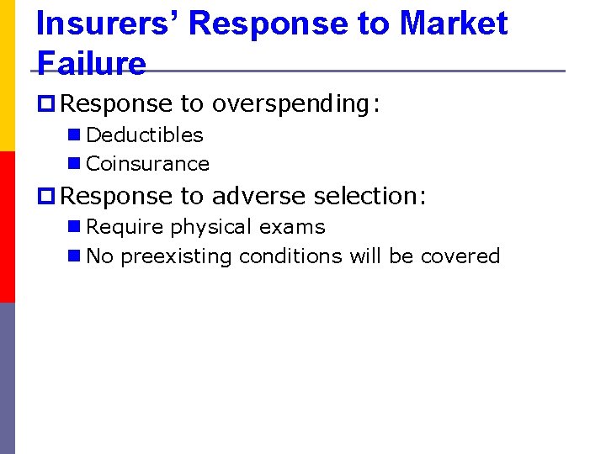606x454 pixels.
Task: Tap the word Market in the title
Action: coord(454,24)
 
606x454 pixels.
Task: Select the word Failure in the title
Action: coord(91,62)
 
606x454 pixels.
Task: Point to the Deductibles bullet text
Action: coord(145,135)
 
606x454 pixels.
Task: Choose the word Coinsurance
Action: coord(147,164)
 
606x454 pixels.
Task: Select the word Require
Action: coord(125,227)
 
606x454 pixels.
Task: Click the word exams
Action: coord(291,227)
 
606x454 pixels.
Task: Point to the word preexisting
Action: coord(177,256)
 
